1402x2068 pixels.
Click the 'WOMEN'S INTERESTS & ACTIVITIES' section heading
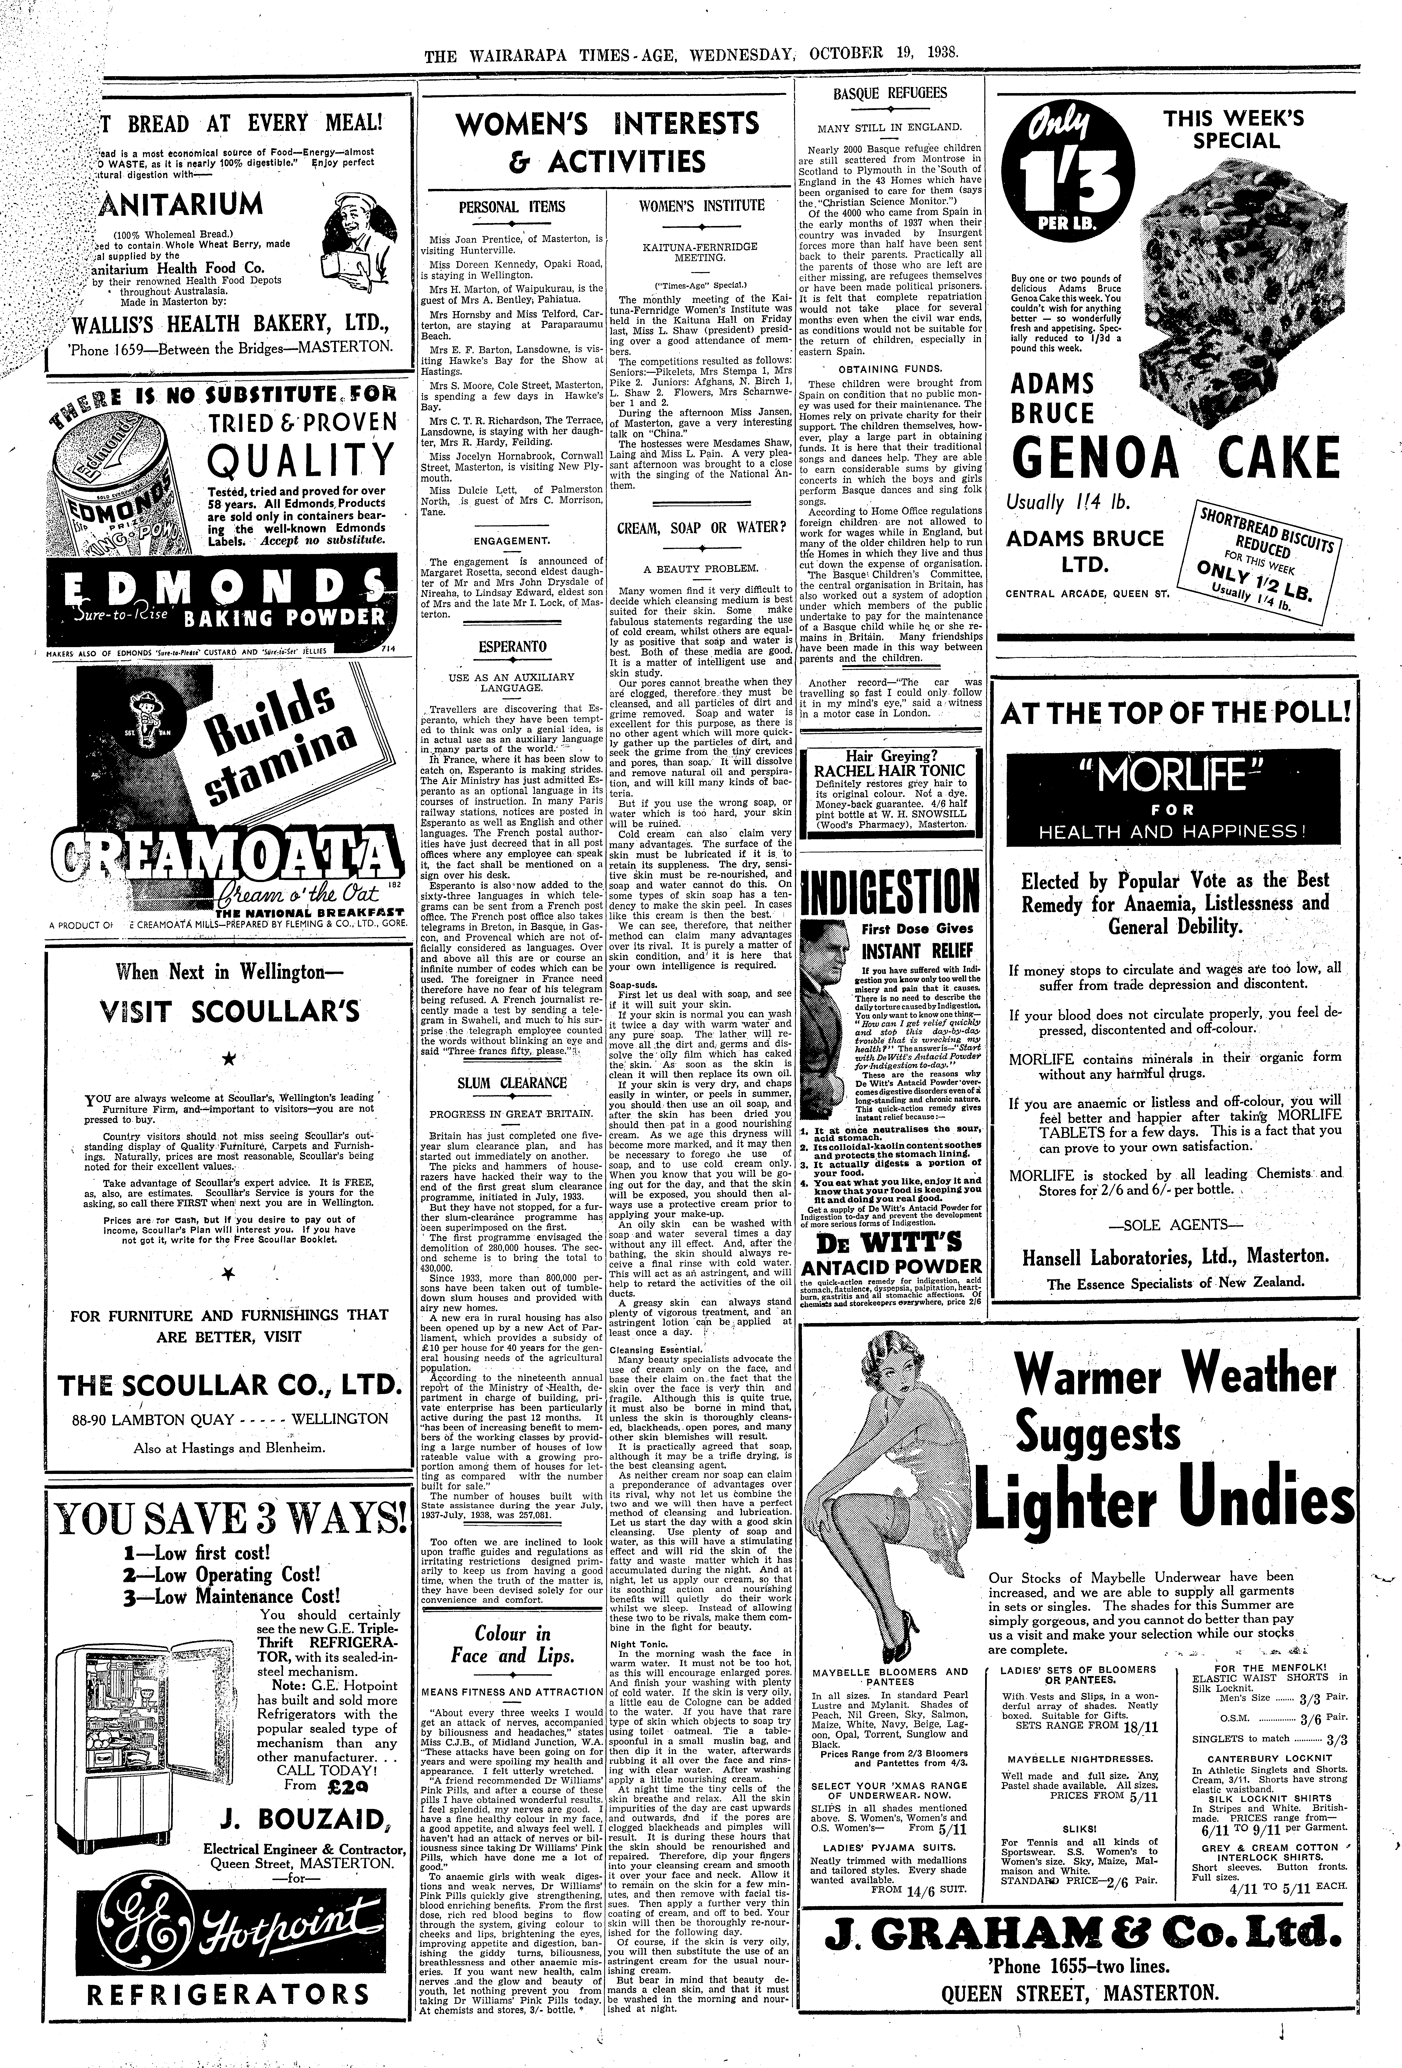click(x=608, y=142)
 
